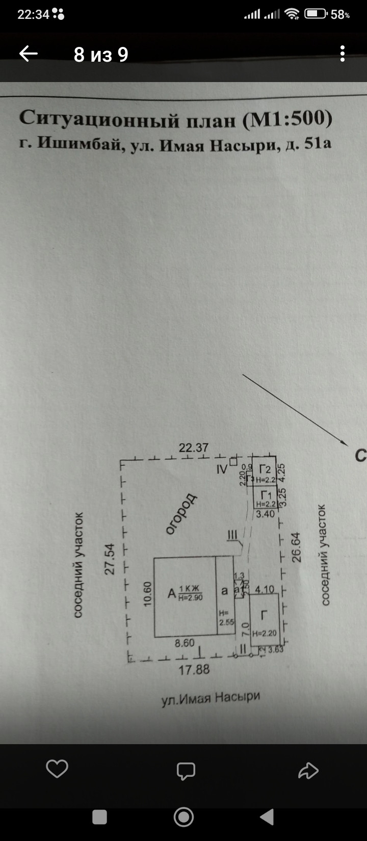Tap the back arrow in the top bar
(29, 54)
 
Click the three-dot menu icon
(343, 54)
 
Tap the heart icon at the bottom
(57, 769)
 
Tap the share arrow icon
(308, 771)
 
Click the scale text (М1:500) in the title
(287, 119)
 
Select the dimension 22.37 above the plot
(194, 448)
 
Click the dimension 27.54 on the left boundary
(110, 559)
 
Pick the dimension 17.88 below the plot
(194, 669)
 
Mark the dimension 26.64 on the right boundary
(297, 547)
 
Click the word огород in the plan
(181, 513)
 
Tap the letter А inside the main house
(172, 593)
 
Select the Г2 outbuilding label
(265, 469)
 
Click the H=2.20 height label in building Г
(264, 634)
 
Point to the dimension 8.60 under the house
(184, 643)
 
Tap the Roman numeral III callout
(232, 535)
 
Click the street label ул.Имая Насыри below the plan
(211, 698)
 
